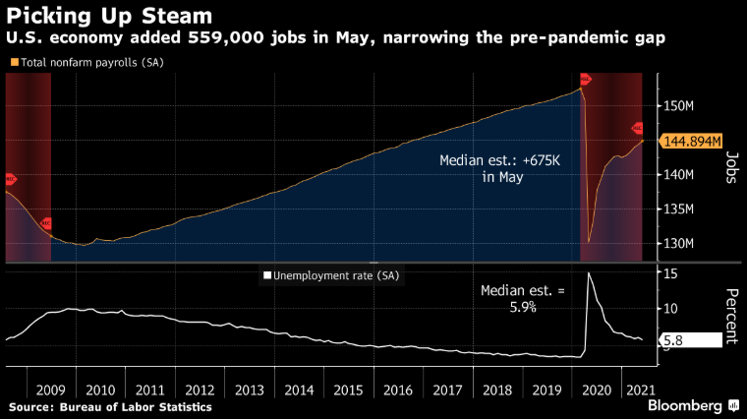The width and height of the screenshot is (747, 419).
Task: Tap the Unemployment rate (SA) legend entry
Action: pos(333,276)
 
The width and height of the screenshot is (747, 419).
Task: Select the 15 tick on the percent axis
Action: pos(669,273)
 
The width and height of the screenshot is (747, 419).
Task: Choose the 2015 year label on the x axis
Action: pos(348,389)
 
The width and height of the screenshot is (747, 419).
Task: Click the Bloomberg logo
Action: pos(684,404)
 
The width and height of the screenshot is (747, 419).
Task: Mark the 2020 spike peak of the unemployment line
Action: pos(589,273)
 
